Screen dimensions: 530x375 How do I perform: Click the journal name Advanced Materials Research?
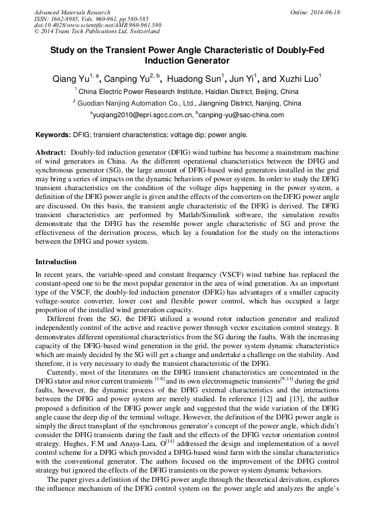pos(72,12)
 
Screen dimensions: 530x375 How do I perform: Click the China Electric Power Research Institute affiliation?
pos(188,92)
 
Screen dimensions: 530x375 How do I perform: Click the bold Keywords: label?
pos(53,135)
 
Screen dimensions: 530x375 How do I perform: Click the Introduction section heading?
pos(56,262)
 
